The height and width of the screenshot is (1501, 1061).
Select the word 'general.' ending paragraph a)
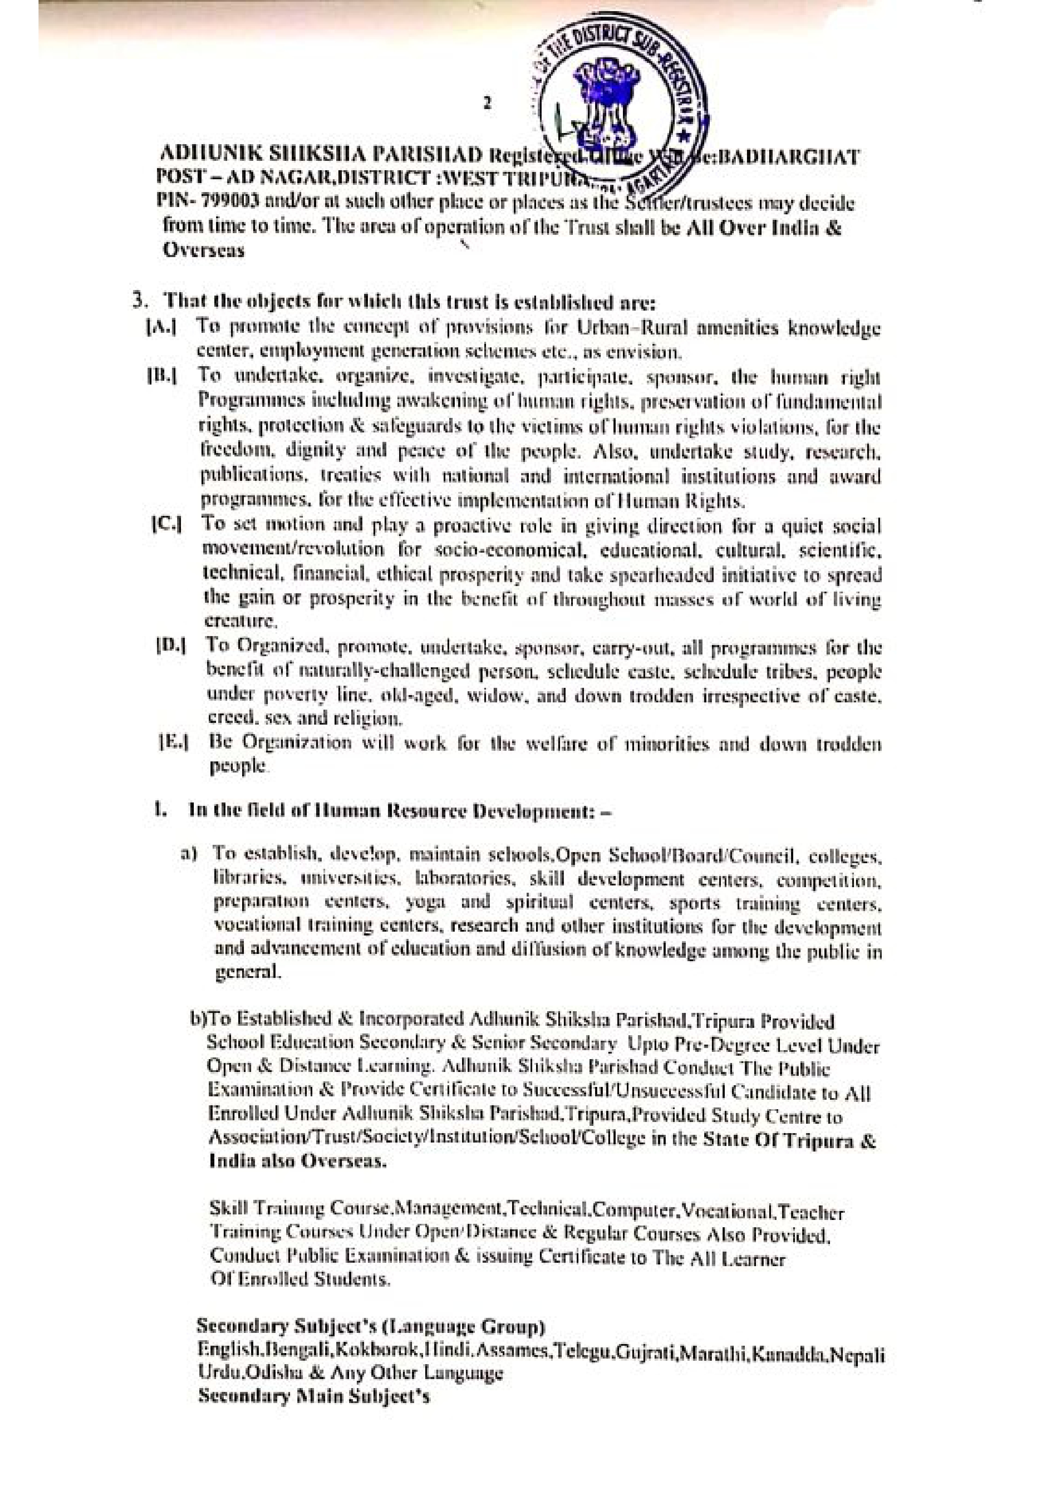[x=249, y=972]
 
